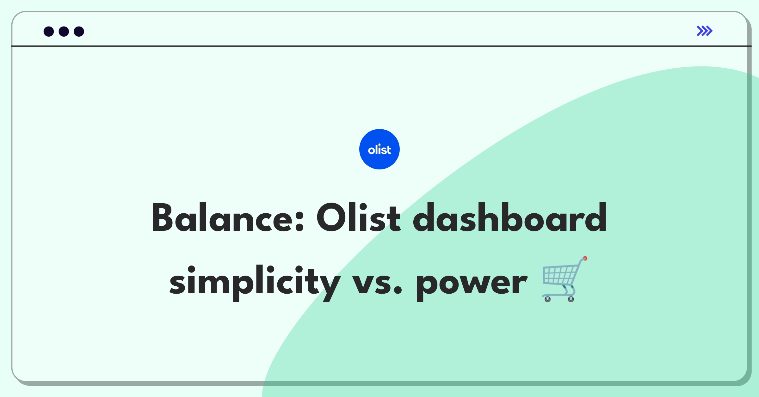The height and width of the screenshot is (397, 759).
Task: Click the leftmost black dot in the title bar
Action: point(49,32)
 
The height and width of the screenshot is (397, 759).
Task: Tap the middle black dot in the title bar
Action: point(64,32)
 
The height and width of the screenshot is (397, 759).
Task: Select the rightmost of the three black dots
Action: point(79,32)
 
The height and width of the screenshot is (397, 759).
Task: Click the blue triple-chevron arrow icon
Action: point(704,31)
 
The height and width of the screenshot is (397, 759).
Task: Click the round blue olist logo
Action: point(379,149)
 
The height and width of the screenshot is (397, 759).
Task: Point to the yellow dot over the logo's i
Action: point(379,145)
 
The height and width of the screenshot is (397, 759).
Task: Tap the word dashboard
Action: point(510,218)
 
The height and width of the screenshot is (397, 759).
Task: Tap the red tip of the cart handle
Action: point(585,259)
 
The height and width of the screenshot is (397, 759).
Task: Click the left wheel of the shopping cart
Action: point(548,299)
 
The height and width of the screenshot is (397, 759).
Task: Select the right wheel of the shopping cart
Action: point(571,299)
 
